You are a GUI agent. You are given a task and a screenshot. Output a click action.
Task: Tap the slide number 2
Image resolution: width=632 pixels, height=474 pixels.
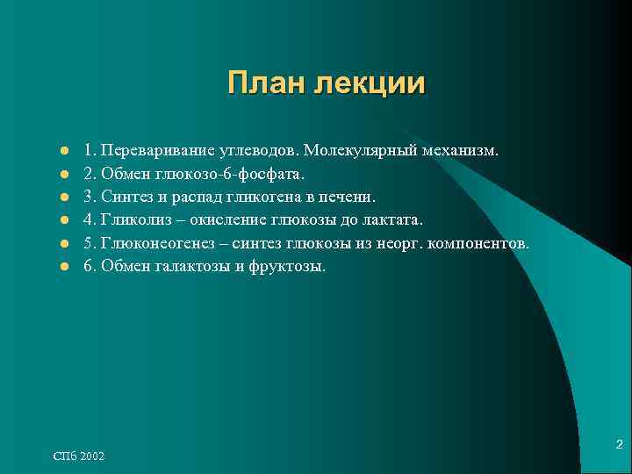click(x=619, y=445)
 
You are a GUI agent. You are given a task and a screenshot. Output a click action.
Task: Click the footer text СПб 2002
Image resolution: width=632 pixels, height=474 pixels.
click(x=78, y=456)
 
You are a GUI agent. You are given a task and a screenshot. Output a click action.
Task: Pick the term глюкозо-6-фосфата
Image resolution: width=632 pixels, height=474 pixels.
click(x=230, y=174)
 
